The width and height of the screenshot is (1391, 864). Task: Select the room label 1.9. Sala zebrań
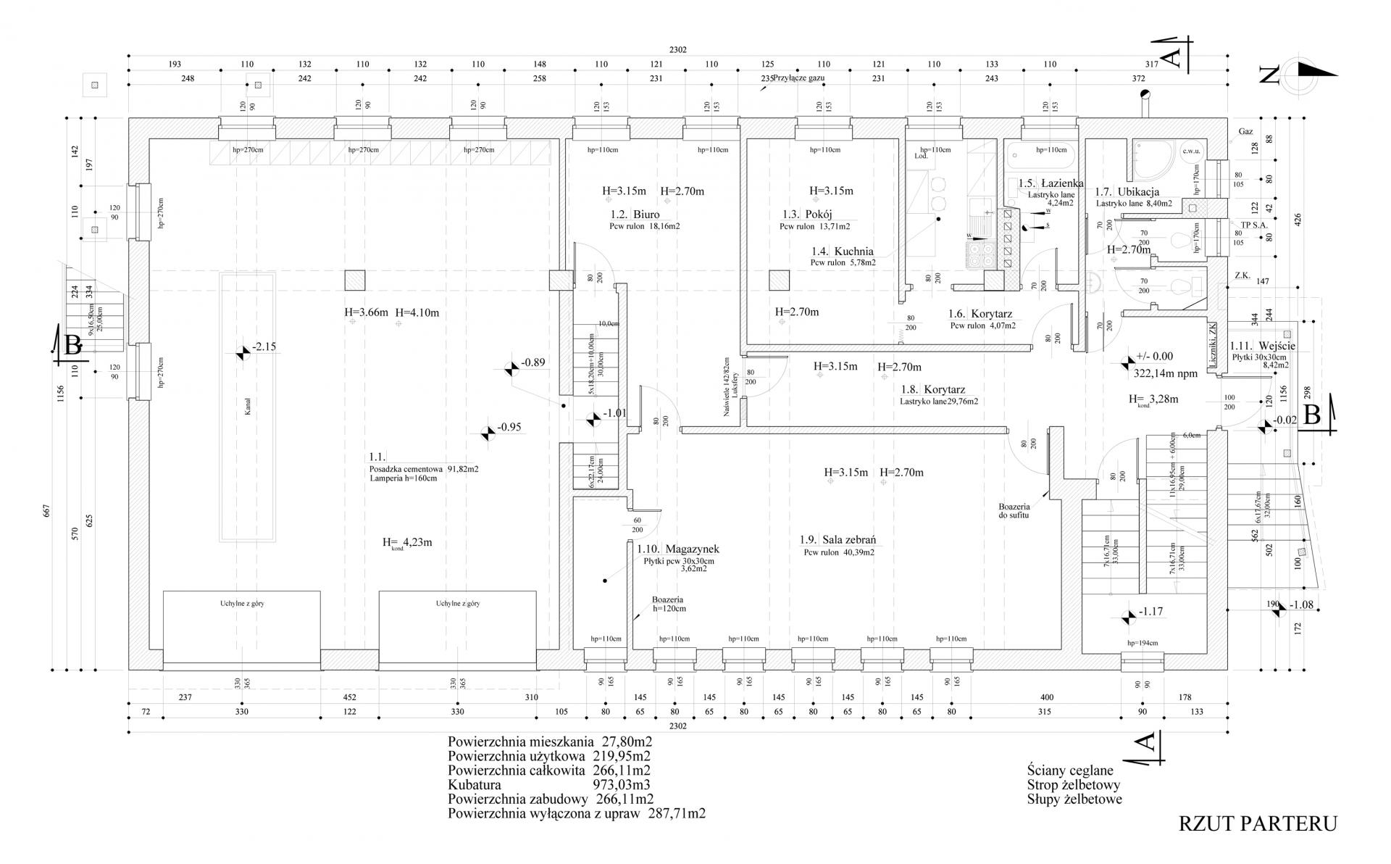[838, 540]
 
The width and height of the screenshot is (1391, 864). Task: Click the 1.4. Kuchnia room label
[842, 252]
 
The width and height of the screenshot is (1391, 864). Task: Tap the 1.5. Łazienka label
[1050, 184]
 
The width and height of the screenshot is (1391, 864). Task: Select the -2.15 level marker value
[264, 346]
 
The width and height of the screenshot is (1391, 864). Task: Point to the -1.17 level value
[1150, 611]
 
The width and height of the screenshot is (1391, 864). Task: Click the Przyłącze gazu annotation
[799, 77]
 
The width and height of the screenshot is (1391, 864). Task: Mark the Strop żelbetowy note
[1073, 785]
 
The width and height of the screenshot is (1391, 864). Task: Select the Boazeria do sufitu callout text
[1012, 511]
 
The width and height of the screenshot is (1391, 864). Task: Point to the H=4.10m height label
[417, 313]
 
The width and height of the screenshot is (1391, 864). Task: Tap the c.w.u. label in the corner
[1191, 151]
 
